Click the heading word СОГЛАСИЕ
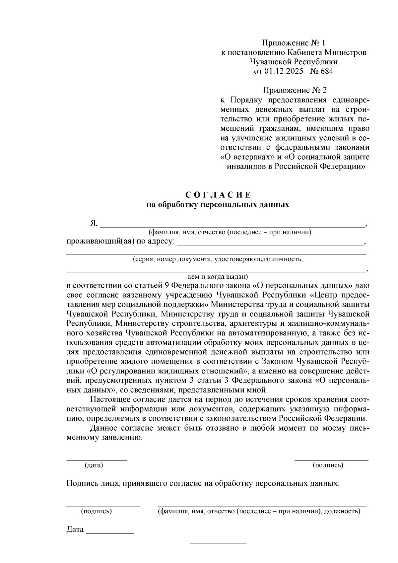click(218, 195)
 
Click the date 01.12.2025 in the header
click(284, 71)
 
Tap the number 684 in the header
click(327, 71)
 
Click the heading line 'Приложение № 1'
click(294, 43)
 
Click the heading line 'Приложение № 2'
click(295, 90)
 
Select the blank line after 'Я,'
click(232, 226)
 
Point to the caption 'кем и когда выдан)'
click(218, 276)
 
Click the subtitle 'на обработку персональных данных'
click(218, 205)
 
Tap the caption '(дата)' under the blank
click(94, 465)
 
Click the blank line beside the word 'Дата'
click(110, 532)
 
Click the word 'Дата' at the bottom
click(75, 529)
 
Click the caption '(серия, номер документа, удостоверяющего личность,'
click(218, 259)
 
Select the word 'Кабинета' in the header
click(304, 52)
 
